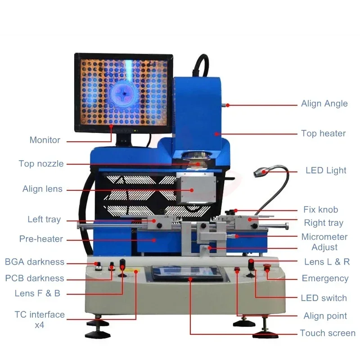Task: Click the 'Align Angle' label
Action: (x=324, y=103)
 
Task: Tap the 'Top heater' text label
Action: (x=323, y=133)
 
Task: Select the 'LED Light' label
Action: (x=326, y=170)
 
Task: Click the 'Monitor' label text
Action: (x=45, y=140)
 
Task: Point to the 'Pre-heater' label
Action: (x=41, y=239)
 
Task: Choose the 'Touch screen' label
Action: (x=328, y=333)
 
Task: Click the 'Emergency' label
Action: (x=325, y=279)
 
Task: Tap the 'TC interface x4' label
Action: (x=40, y=319)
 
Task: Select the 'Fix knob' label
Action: (x=320, y=210)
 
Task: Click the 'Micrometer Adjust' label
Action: (x=324, y=242)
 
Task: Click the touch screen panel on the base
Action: (x=188, y=272)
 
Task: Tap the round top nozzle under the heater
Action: (x=196, y=158)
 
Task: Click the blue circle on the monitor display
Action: (x=122, y=92)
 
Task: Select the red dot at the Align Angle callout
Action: (x=228, y=105)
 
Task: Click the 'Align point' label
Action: (x=325, y=316)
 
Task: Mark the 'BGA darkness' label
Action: (x=35, y=262)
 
